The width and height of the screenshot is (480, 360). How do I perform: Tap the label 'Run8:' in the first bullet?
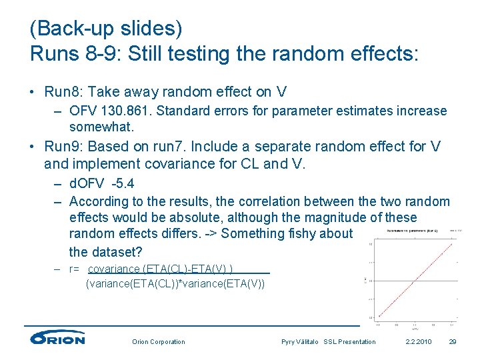tap(65, 92)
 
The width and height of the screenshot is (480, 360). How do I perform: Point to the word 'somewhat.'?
tap(101, 126)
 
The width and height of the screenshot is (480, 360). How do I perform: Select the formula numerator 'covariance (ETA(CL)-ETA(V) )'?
tap(161, 269)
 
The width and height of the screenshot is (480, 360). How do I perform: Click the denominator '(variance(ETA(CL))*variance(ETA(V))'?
tap(175, 284)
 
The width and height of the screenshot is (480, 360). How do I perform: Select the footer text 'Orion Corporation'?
tap(159, 342)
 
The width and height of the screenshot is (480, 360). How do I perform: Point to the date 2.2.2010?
tap(419, 342)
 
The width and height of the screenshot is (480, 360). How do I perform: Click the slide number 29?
tap(453, 342)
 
